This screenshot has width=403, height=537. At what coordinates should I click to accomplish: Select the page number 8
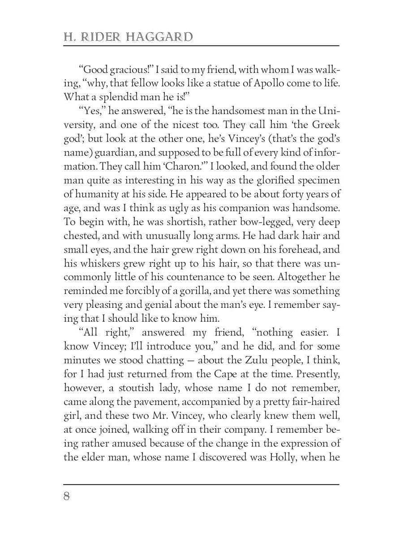tap(67, 497)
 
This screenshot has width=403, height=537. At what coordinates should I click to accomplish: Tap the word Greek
tap(324, 125)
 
